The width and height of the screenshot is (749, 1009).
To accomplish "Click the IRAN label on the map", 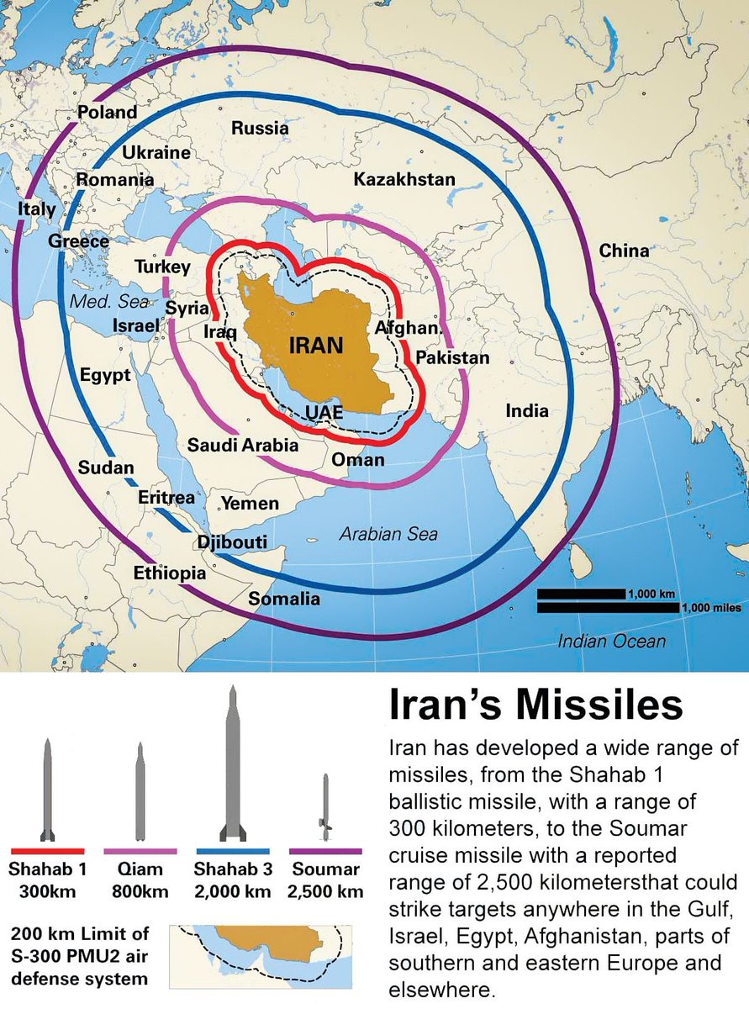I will [316, 345].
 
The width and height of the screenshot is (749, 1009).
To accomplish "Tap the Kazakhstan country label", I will [404, 179].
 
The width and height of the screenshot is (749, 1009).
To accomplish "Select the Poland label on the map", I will [107, 113].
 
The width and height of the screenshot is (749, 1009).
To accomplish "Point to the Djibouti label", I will [232, 542].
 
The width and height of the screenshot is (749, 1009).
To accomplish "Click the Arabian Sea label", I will [388, 534].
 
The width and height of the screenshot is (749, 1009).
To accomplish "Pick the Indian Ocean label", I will [612, 642].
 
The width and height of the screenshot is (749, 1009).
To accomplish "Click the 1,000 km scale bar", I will [581, 594].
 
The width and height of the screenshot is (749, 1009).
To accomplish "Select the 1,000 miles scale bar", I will [608, 608].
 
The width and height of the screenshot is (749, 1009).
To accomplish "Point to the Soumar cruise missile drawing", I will [325, 807].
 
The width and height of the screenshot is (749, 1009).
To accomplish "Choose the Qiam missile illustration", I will [140, 791].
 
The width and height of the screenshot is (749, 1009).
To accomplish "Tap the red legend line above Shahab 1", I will [47, 851].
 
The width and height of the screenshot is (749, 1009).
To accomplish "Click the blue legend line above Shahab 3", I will [232, 851].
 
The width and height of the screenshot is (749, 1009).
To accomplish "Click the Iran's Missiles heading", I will [535, 705].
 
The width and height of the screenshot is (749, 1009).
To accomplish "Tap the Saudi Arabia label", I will [243, 445].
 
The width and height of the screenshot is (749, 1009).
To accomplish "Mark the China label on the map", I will [624, 251].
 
